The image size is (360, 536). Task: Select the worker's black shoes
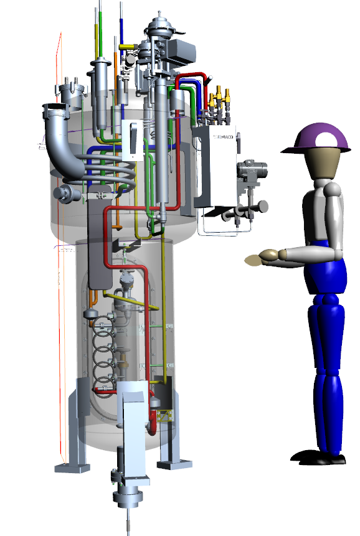coord(318,458)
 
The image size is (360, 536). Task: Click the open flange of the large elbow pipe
coord(55,113)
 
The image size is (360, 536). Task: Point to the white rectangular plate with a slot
coord(132,139)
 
